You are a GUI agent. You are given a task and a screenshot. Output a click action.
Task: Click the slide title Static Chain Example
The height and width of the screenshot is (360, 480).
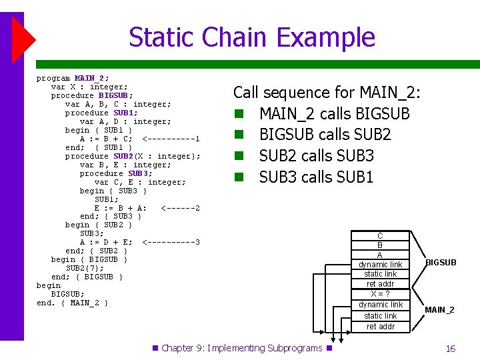(251, 37)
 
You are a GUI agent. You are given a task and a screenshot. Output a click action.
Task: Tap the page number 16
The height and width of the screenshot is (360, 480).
(450, 349)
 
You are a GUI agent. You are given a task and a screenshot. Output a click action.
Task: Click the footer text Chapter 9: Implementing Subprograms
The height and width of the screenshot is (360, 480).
(241, 348)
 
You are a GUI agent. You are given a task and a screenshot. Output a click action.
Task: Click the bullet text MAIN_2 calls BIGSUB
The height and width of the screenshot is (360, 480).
(334, 114)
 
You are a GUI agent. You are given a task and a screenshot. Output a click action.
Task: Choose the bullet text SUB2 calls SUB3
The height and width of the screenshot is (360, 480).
(316, 156)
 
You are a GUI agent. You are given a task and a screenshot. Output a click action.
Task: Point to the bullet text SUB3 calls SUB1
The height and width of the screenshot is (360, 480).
(316, 177)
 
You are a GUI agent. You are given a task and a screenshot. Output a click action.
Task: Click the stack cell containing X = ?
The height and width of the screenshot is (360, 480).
(380, 294)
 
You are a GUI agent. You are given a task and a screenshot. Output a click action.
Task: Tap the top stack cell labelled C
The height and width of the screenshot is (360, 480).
(380, 236)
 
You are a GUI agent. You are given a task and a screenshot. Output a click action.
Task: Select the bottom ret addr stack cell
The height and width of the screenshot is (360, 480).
(380, 327)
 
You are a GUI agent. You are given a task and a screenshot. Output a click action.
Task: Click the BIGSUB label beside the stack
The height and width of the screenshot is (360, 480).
(441, 263)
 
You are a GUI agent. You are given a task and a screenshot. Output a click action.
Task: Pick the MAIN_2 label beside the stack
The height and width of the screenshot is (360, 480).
(439, 310)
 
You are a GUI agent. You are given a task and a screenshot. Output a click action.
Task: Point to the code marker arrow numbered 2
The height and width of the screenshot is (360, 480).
(181, 208)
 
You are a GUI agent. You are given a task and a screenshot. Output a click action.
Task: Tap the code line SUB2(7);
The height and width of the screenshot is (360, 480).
(85, 268)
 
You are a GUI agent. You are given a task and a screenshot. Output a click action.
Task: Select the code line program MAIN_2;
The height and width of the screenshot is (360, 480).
(73, 78)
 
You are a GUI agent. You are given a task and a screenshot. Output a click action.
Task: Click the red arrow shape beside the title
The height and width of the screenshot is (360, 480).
(23, 37)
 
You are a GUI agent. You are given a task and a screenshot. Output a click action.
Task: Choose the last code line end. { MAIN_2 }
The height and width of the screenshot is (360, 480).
(72, 303)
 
